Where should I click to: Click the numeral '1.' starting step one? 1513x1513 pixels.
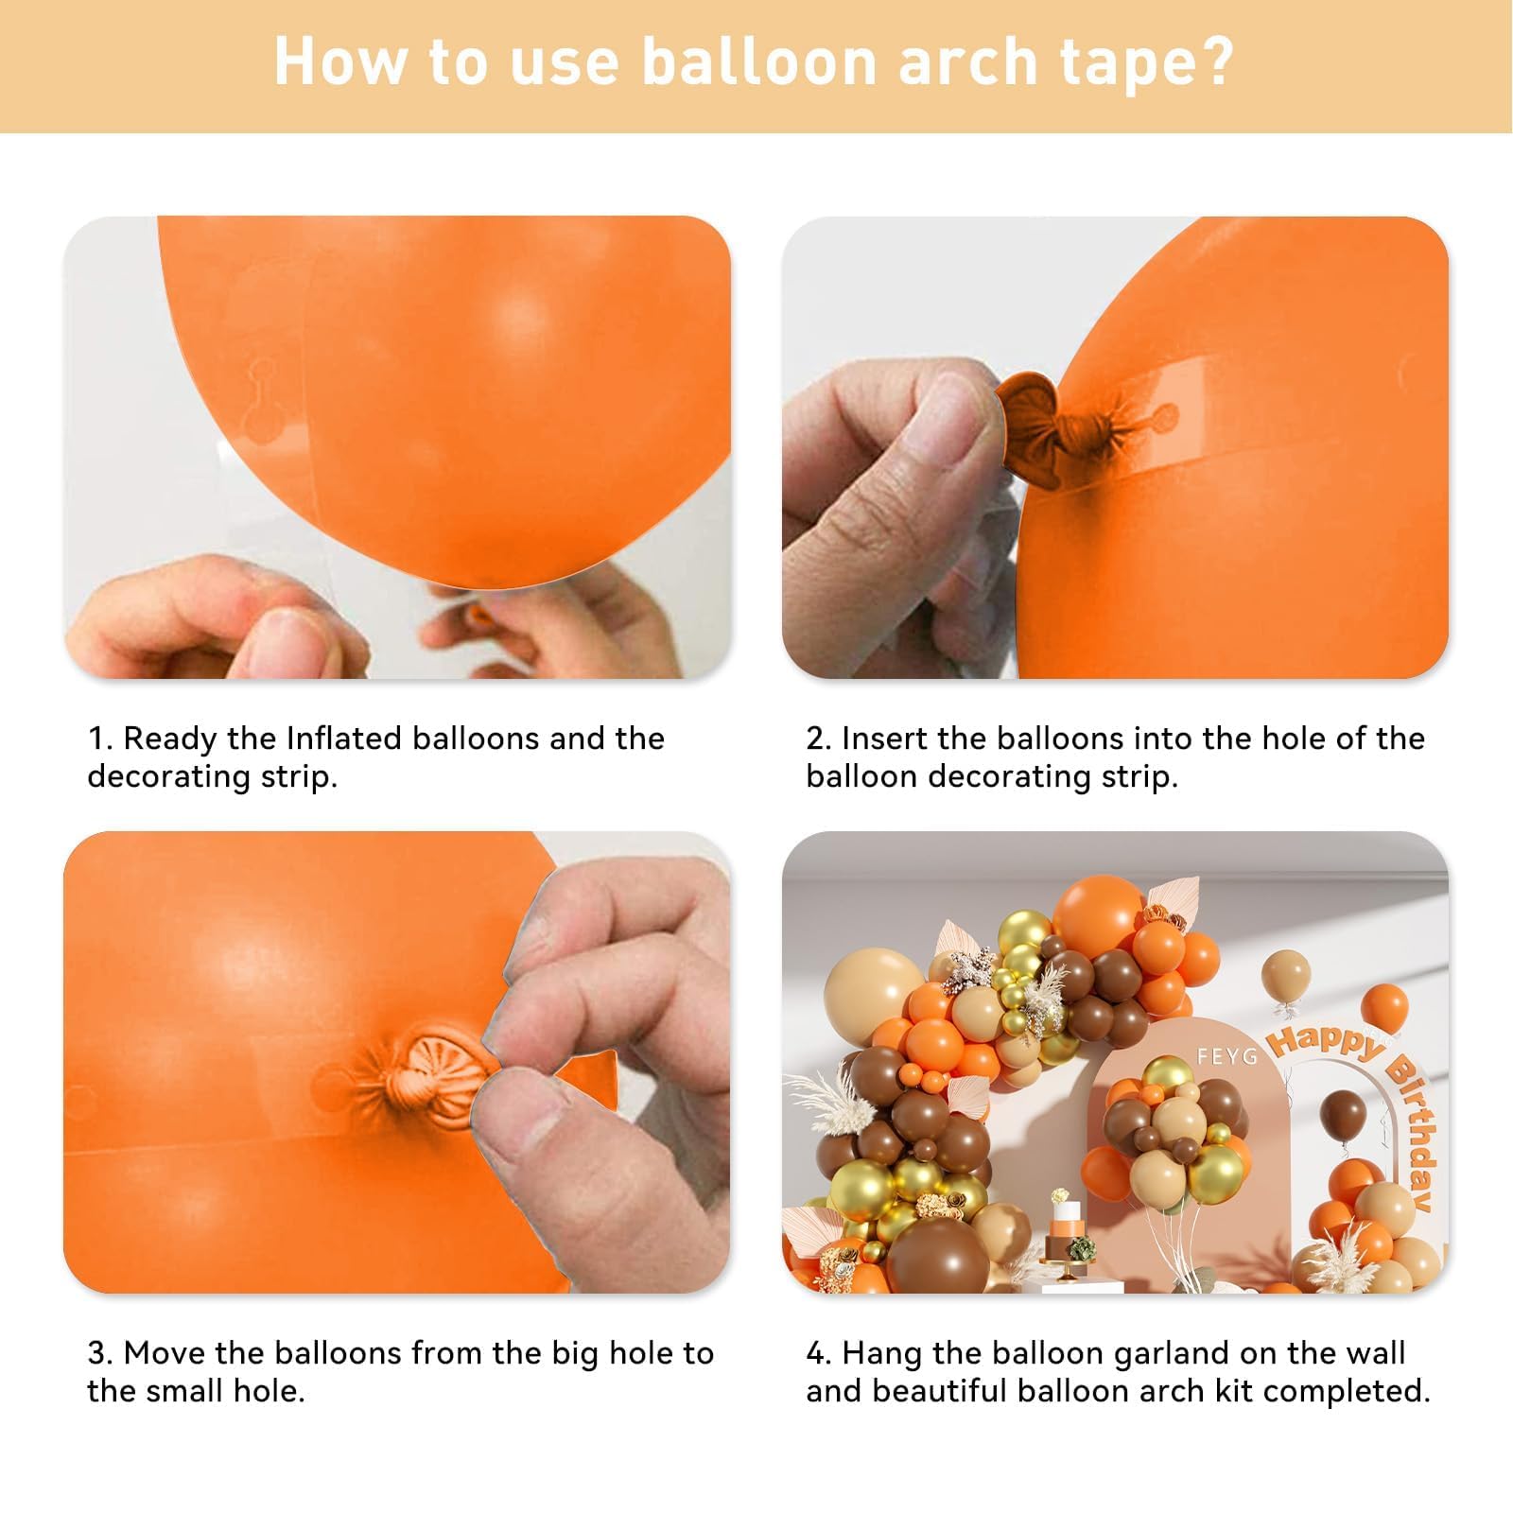99,739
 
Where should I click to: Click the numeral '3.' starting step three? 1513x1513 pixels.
100,1353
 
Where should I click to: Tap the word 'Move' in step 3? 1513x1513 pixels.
164,1353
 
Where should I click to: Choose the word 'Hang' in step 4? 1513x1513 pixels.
881,1355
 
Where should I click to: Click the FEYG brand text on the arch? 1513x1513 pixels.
1226,1055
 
